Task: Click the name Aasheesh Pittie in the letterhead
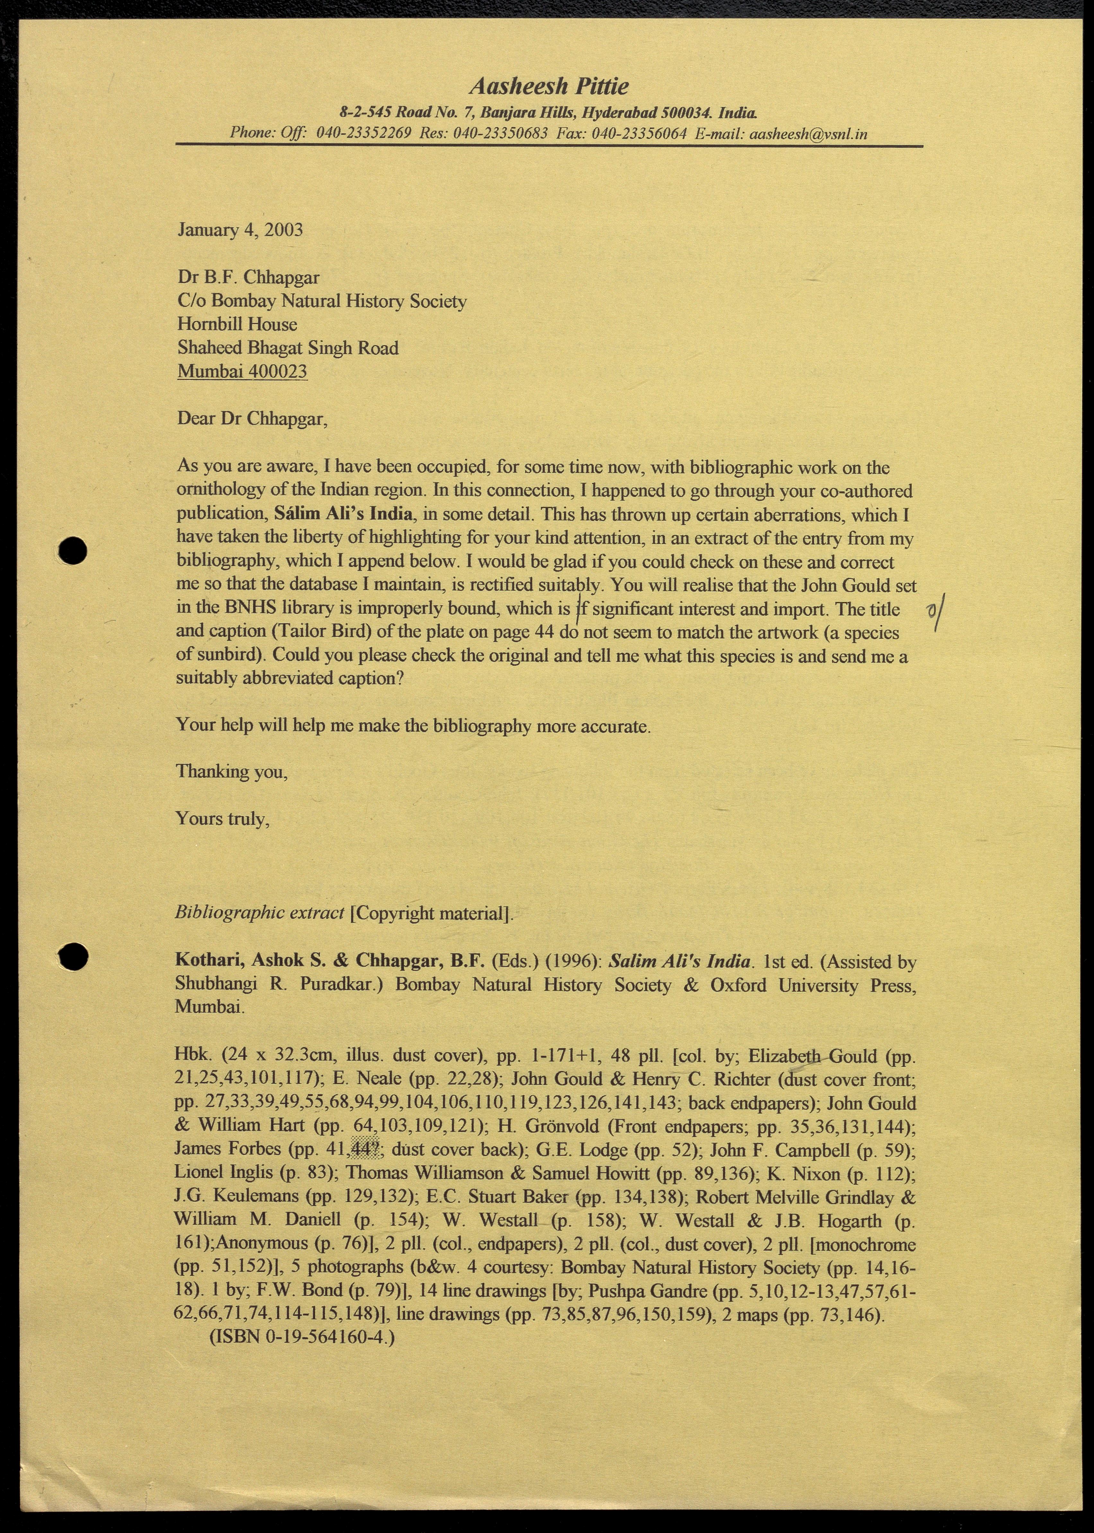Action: pyautogui.click(x=549, y=86)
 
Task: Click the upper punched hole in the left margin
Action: pyautogui.click(x=72, y=550)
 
